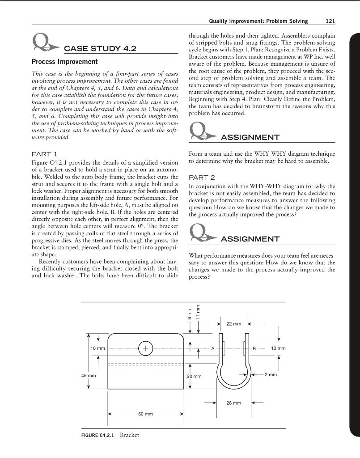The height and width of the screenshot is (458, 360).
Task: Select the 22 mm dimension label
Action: pyautogui.click(x=233, y=323)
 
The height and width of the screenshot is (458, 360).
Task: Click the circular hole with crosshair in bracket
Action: pyautogui.click(x=145, y=348)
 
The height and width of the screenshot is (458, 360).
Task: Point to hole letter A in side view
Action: pyautogui.click(x=213, y=348)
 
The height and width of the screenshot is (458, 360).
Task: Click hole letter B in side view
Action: pyautogui.click(x=254, y=348)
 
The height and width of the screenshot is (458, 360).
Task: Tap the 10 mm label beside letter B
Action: pyautogui.click(x=278, y=348)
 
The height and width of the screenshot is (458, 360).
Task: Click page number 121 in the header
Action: pyautogui.click(x=329, y=21)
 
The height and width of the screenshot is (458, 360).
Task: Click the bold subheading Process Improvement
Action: pyautogui.click(x=64, y=61)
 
